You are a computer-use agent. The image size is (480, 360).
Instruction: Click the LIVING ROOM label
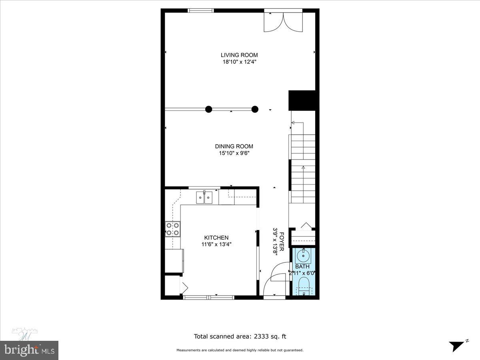[x=239, y=55]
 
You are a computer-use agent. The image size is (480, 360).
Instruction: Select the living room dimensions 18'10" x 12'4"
[x=239, y=62]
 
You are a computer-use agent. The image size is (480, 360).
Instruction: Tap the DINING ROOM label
[x=234, y=146]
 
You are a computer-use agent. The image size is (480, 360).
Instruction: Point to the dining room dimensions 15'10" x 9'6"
[x=234, y=153]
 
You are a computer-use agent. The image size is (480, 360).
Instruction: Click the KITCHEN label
[x=216, y=238]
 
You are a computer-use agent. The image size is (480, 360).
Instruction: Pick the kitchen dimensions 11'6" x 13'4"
[x=216, y=244]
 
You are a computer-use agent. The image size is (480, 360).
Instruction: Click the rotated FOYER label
[x=282, y=242]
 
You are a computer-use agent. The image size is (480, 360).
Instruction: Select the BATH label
[x=302, y=266]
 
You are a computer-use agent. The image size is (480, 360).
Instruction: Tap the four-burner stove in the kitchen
[x=172, y=228]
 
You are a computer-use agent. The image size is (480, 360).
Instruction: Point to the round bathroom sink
[x=304, y=255]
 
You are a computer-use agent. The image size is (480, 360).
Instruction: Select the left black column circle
[x=208, y=109]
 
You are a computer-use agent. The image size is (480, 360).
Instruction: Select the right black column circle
[x=255, y=109]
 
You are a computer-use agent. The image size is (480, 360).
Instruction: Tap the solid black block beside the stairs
[x=303, y=100]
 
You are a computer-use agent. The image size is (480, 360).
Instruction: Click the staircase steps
[x=303, y=168]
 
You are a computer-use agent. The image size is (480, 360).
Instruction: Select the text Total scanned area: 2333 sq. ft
[x=240, y=336]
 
